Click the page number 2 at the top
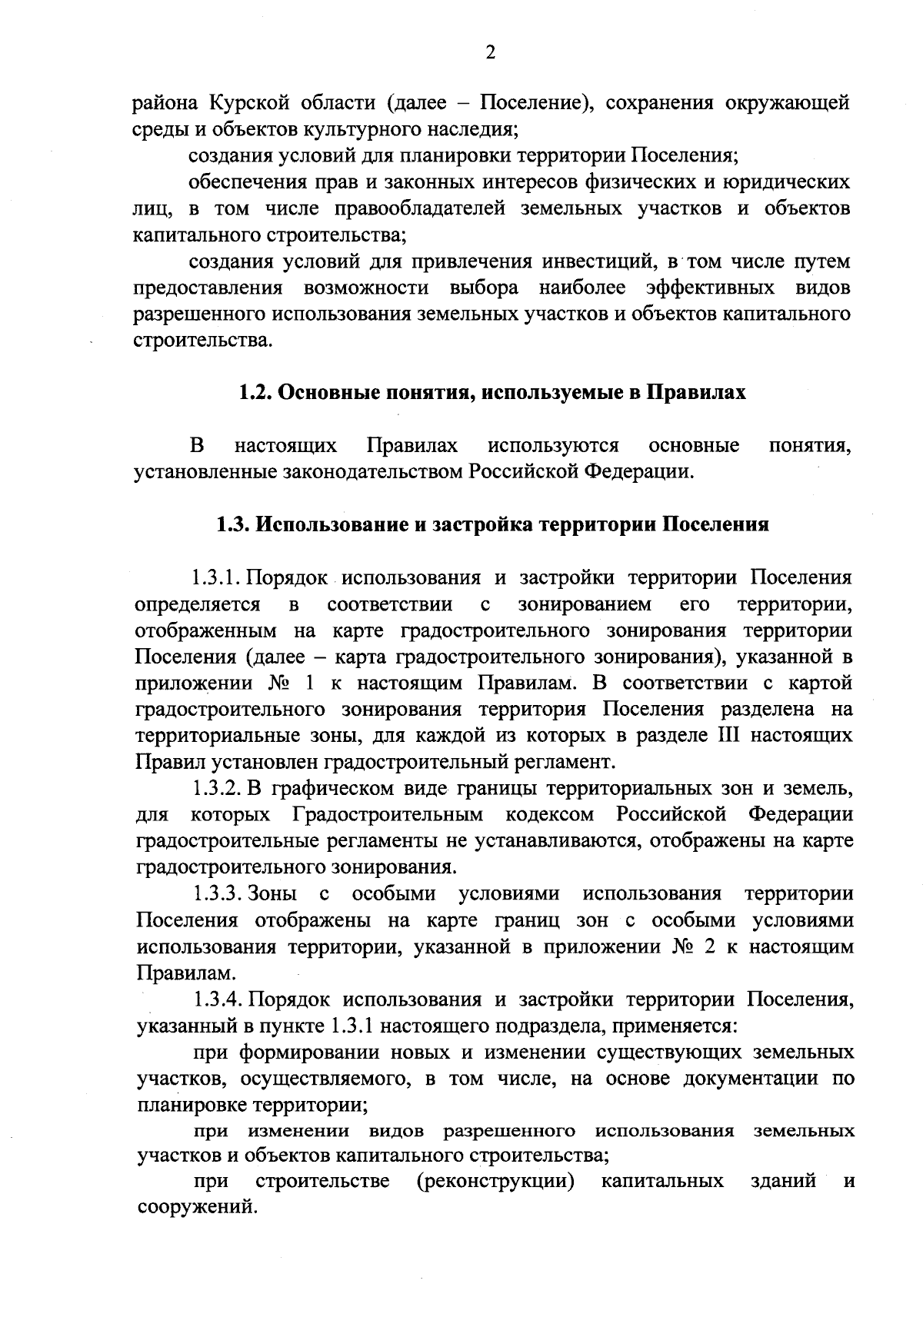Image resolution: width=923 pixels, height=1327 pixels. [491, 52]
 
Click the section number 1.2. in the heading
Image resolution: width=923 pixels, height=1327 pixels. [252, 393]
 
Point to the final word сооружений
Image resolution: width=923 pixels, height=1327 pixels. [195, 1208]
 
